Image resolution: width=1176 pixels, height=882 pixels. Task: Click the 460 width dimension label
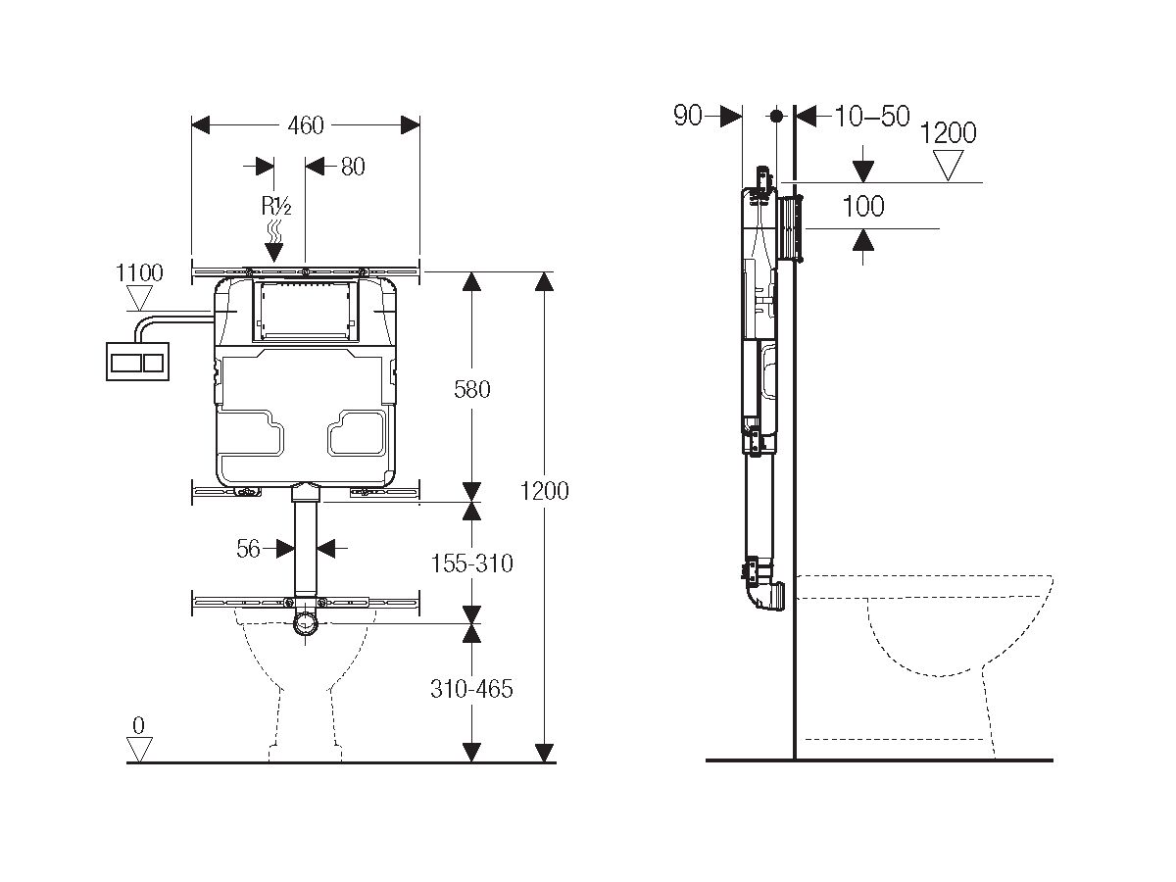(306, 125)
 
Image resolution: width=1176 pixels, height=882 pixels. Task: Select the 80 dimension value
(352, 167)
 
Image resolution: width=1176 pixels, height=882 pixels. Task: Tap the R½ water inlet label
(274, 206)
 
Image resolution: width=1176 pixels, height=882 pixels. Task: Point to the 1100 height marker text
(139, 273)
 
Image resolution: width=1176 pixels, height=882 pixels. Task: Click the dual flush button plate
(142, 361)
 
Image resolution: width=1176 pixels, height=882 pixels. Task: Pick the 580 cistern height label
(471, 389)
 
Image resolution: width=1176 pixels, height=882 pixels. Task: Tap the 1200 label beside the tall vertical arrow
(544, 490)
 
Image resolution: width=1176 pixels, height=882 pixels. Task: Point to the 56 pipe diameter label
(249, 549)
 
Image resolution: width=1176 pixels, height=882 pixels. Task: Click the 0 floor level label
(138, 726)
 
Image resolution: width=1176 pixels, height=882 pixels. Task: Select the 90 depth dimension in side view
(688, 117)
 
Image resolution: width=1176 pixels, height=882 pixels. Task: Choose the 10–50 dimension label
(872, 117)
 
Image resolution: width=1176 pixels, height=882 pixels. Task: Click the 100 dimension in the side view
(862, 206)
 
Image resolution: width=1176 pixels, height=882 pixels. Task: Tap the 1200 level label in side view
(948, 133)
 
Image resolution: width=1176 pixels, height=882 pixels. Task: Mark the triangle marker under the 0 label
(139, 750)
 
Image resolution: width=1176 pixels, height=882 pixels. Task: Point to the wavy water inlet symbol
(275, 232)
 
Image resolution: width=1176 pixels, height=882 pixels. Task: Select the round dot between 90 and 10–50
(776, 116)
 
